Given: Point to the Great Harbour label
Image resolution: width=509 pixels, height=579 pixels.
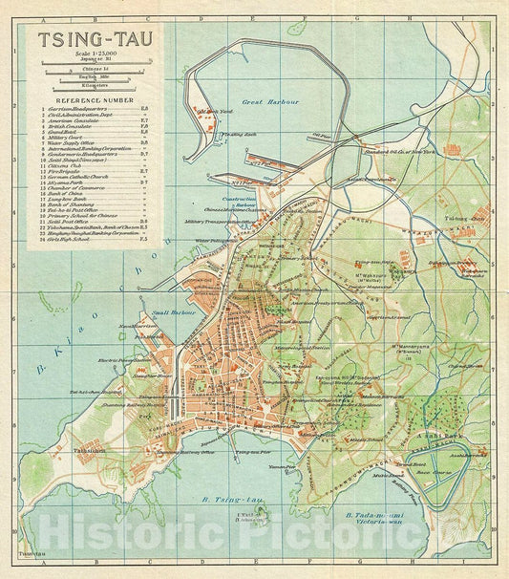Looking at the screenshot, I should (x=270, y=100).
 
